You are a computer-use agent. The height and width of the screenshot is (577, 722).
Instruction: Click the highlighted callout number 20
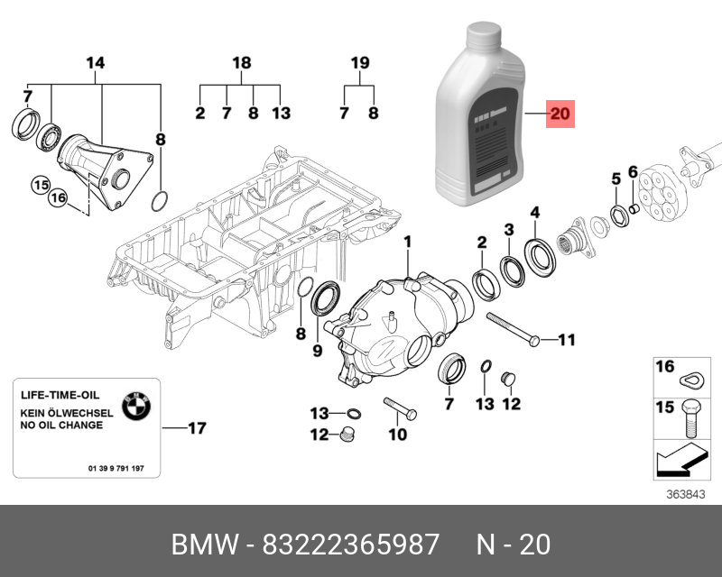coord(560,114)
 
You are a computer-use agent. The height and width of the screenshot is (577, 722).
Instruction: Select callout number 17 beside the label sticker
coord(197,428)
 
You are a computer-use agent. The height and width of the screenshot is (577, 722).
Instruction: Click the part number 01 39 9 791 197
coord(123,469)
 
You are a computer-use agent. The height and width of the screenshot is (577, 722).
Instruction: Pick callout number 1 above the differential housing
coord(407,242)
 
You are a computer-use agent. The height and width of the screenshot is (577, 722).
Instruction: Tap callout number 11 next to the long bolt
coord(566,340)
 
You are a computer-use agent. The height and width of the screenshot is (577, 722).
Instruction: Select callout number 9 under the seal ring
coord(317,350)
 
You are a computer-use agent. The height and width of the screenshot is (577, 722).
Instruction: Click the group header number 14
coord(95,63)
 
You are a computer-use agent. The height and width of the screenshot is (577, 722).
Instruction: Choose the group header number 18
coord(241,63)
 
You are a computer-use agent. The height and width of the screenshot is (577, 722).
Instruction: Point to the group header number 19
coord(360,63)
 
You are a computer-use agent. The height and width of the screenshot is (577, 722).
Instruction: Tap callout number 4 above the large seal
coord(535,213)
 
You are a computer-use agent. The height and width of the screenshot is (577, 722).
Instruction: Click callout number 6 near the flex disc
coord(633,172)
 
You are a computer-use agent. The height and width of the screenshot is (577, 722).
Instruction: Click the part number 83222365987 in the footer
coord(350,545)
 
